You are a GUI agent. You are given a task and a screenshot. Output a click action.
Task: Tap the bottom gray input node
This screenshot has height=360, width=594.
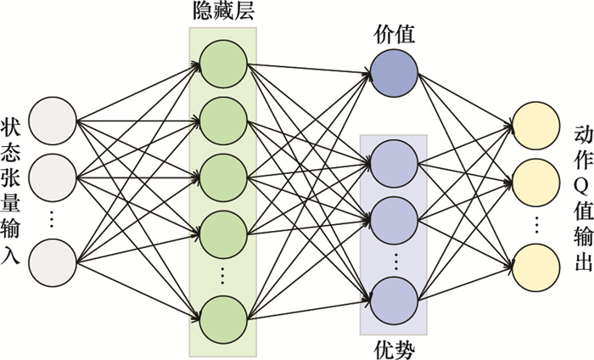pos(53,239)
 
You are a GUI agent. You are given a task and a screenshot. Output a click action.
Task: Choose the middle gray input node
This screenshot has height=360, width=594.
pos(53,175)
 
